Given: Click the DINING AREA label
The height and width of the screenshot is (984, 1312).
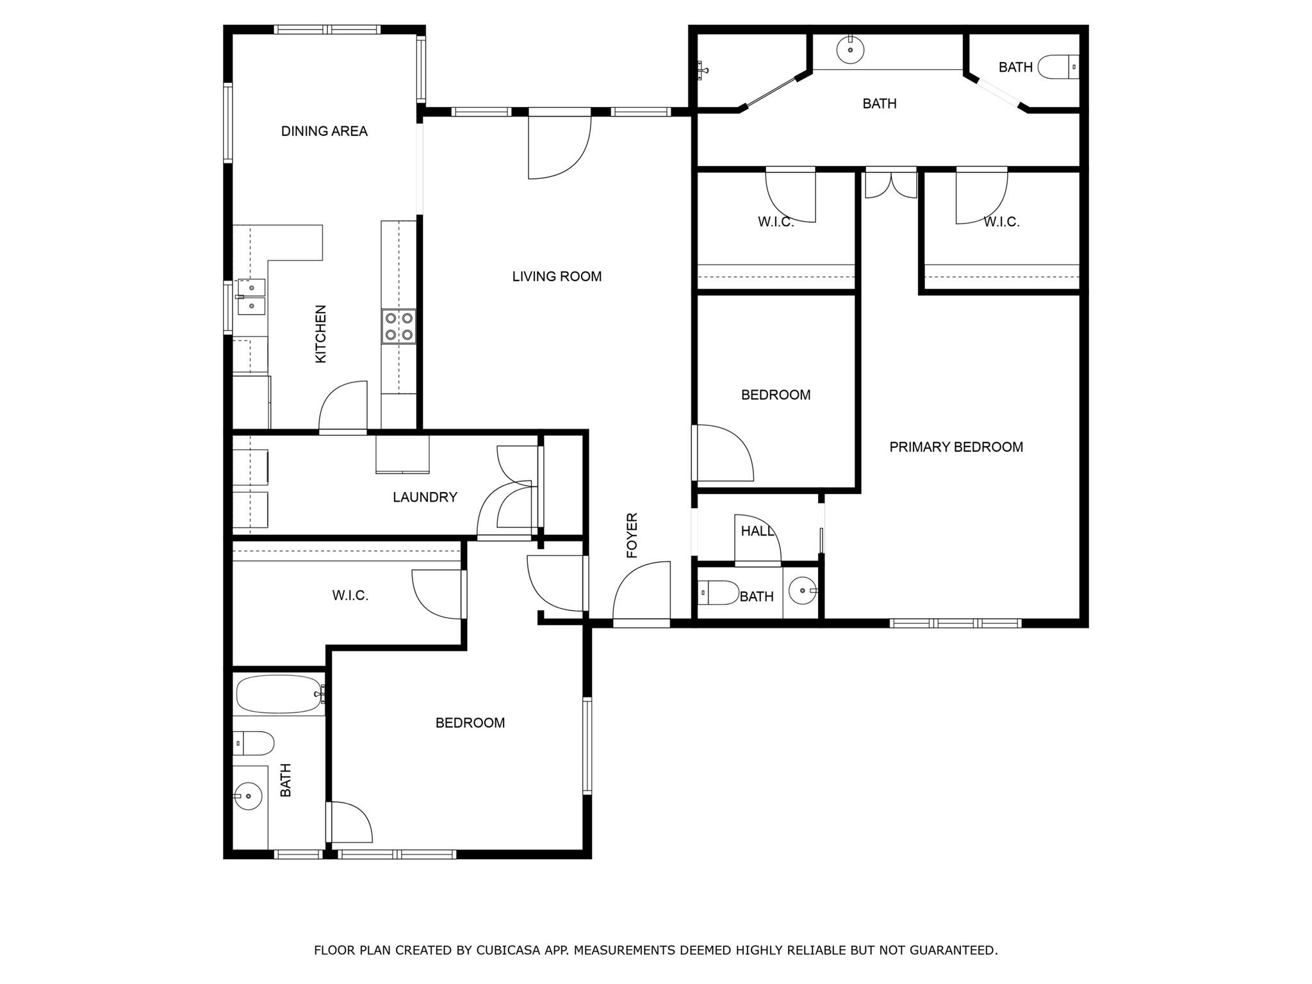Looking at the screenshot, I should (x=324, y=131).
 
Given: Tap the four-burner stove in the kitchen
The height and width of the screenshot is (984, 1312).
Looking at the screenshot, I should (x=398, y=326).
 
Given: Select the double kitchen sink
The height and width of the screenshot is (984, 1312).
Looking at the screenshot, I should (x=252, y=297).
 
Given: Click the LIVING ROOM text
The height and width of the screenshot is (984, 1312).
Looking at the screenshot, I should (x=557, y=277).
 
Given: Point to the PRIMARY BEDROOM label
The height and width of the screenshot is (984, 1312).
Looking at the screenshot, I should (x=956, y=447).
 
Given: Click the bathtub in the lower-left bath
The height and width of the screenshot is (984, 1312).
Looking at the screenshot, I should (x=279, y=694).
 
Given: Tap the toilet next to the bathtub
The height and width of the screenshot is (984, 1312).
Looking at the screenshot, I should (x=254, y=743).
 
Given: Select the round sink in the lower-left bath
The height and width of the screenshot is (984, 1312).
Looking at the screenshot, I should (x=249, y=796).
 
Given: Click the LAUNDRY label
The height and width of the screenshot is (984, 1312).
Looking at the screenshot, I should (x=425, y=497).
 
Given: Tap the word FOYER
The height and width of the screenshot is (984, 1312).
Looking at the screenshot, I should (x=632, y=535).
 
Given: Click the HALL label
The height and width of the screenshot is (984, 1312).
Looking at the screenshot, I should (x=757, y=531).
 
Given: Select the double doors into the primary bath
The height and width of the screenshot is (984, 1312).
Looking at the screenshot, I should (x=890, y=184).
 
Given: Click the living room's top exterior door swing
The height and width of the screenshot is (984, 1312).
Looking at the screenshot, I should (x=557, y=147).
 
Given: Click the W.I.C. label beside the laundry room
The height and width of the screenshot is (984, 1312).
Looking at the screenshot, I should (x=350, y=596).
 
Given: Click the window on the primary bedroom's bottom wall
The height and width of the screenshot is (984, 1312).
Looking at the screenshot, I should (x=955, y=623).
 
